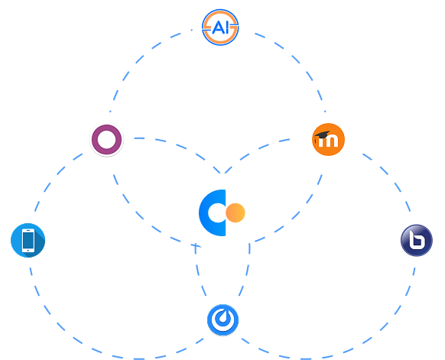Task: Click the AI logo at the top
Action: tap(220, 28)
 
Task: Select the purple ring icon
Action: tap(107, 140)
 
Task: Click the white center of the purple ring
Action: tap(107, 140)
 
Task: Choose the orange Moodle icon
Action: tap(328, 139)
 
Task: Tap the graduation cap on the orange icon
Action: tap(323, 135)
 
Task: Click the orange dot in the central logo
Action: tap(235, 212)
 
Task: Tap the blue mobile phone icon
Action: tap(28, 240)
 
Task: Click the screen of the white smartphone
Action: tap(28, 240)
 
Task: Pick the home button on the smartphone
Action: tap(28, 251)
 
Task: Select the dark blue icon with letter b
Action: tap(417, 240)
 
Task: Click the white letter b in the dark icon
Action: tap(417, 239)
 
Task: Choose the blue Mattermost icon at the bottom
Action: tap(222, 320)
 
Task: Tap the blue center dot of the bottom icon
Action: tap(222, 318)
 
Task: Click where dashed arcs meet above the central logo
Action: tap(222, 173)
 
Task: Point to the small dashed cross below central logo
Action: tap(196, 246)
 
